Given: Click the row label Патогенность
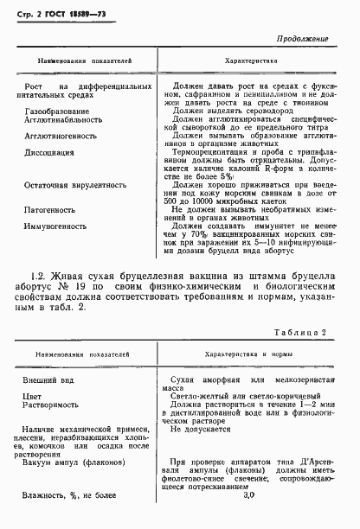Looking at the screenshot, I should [x=55, y=210].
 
